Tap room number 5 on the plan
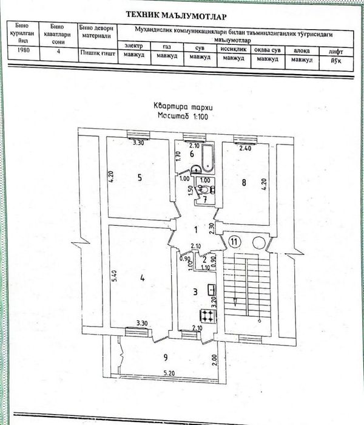[x=139, y=178]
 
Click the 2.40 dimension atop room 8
[x=245, y=148]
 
